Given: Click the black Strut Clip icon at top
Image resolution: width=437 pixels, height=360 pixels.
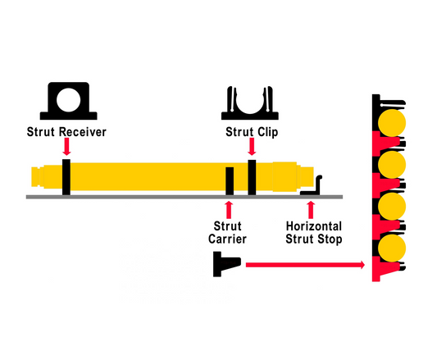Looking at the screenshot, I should (x=251, y=103).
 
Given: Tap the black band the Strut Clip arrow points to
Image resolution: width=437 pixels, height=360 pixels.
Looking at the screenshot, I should (x=252, y=176).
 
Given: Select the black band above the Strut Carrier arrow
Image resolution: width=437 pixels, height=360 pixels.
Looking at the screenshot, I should (x=229, y=180).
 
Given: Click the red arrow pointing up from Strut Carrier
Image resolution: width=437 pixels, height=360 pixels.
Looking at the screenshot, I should (x=229, y=205).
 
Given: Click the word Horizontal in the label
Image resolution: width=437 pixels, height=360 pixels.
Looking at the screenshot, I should (x=314, y=226).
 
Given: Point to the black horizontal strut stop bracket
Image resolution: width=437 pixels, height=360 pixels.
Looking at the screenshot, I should (x=316, y=186).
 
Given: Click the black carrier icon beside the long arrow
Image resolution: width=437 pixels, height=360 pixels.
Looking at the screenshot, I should (x=225, y=264).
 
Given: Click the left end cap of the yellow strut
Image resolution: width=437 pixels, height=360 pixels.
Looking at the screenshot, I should (x=38, y=175).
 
